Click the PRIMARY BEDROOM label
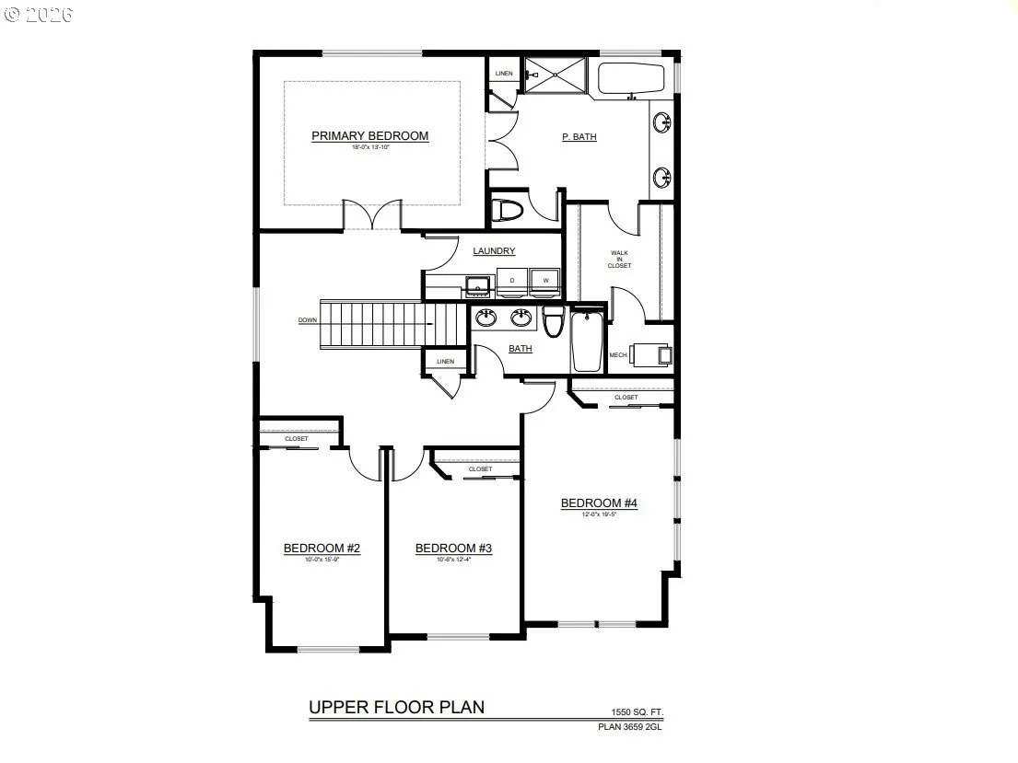click(x=369, y=136)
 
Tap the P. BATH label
click(x=579, y=137)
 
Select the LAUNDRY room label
click(x=494, y=251)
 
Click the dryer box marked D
click(x=511, y=280)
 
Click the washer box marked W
click(x=544, y=280)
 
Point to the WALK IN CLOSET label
click(x=619, y=259)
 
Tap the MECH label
click(x=617, y=354)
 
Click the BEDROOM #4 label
click(x=599, y=503)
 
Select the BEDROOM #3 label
click(x=453, y=549)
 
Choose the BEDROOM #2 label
click(x=321, y=549)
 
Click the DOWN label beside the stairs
click(x=308, y=321)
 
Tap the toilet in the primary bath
click(x=506, y=211)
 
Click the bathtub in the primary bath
click(x=631, y=80)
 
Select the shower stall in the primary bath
click(x=555, y=75)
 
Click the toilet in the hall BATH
click(x=553, y=322)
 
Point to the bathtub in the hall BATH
click(x=587, y=342)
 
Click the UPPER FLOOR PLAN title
click(x=395, y=707)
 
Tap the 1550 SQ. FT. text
click(x=637, y=712)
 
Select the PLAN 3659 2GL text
click(x=630, y=727)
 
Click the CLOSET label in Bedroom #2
click(x=297, y=439)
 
